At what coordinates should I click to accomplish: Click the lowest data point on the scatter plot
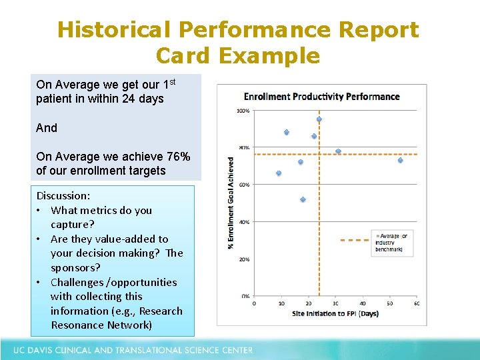click(x=303, y=200)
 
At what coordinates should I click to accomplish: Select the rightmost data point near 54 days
click(x=400, y=160)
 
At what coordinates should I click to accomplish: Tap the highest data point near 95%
click(x=319, y=119)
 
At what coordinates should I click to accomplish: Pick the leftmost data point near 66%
click(x=279, y=173)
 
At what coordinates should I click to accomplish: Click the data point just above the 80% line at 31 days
click(x=338, y=151)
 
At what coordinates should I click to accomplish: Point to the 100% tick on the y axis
click(x=243, y=111)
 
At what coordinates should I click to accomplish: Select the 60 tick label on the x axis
click(x=416, y=303)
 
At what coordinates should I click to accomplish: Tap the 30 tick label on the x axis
click(x=335, y=303)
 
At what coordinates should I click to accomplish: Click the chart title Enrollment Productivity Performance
click(x=321, y=97)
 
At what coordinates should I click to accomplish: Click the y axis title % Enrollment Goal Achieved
click(x=231, y=203)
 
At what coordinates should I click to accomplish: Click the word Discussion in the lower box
click(x=63, y=196)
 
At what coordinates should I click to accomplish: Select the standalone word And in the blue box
click(x=47, y=127)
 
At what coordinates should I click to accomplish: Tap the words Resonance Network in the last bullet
click(x=101, y=325)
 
